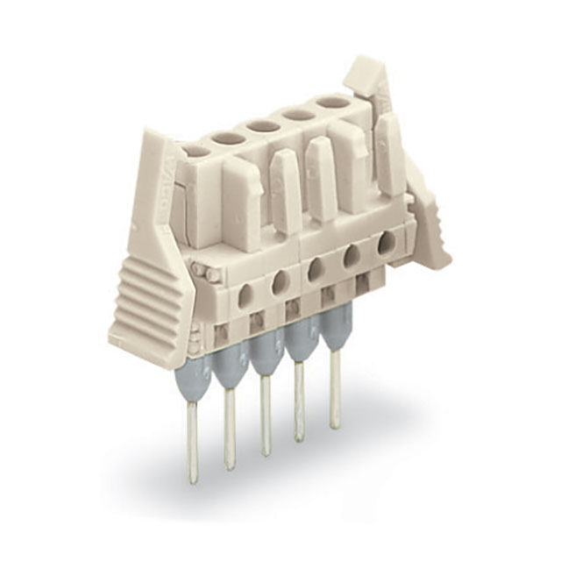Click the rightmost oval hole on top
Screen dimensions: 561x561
(332, 103)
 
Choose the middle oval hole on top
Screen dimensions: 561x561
(263, 126)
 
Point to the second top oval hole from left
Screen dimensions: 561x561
(229, 138)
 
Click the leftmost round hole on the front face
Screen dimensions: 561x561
(246, 294)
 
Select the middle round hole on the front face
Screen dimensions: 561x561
(316, 269)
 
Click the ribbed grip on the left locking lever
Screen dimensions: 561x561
(145, 298)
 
